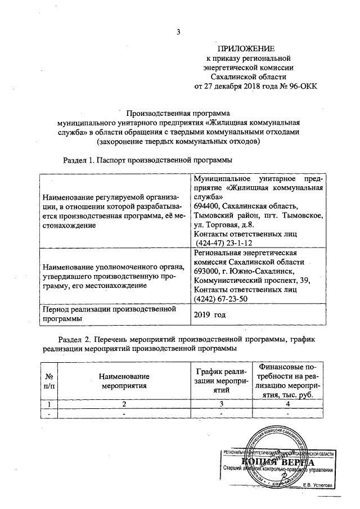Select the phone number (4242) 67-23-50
[223, 299]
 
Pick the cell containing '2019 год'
[209, 314]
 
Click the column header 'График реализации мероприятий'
[220, 380]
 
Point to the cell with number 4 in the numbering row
[287, 404]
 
